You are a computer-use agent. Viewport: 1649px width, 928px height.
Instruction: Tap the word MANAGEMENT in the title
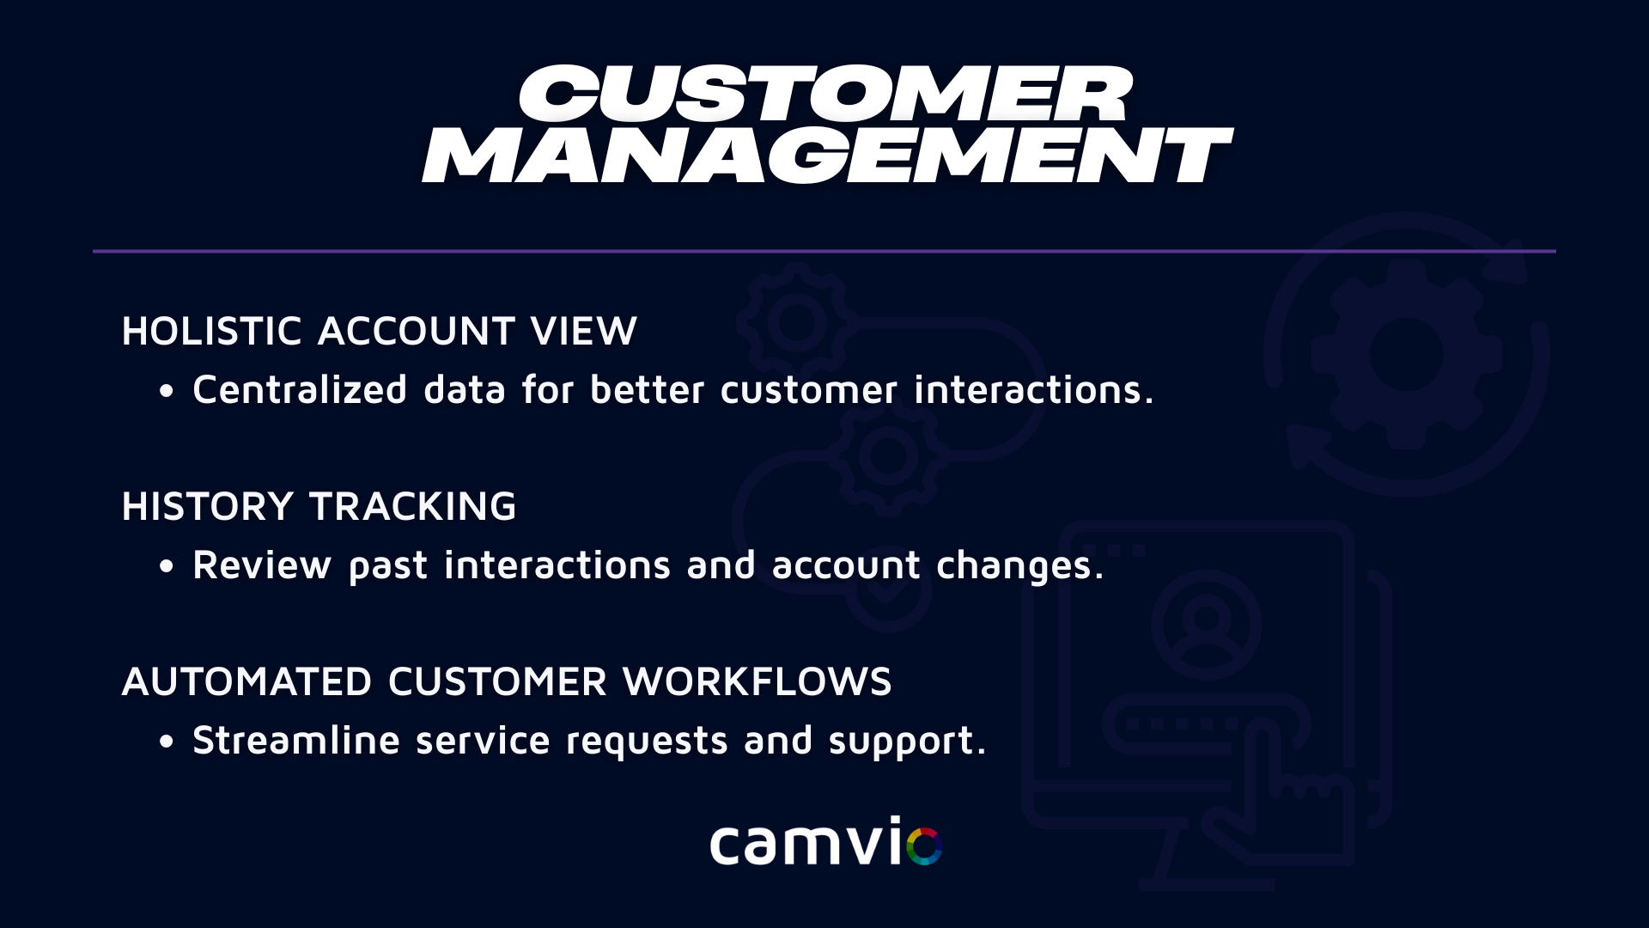(827, 156)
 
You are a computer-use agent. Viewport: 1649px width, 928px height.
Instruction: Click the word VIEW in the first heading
(584, 332)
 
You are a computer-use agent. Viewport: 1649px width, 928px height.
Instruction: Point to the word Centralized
(300, 389)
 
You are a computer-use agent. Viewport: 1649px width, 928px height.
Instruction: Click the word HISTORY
(208, 507)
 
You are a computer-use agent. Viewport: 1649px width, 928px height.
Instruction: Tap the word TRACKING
(413, 507)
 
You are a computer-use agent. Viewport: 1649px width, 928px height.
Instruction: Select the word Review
(262, 565)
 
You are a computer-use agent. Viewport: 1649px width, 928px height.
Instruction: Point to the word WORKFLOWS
(758, 682)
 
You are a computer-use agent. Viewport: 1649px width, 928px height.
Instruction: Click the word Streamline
(296, 740)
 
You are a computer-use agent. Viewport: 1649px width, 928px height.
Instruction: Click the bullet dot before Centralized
(167, 392)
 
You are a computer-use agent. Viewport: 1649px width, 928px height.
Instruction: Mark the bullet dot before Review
(167, 567)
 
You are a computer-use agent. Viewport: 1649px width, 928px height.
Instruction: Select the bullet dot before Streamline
(167, 742)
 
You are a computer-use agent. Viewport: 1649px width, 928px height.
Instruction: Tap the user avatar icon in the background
(1207, 625)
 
